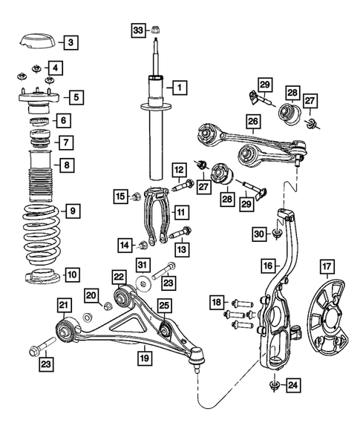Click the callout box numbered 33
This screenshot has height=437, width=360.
138,30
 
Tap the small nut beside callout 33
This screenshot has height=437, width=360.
156,30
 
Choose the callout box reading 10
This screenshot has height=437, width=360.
71,275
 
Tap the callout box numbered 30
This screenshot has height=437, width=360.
258,233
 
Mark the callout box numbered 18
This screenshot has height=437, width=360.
216,302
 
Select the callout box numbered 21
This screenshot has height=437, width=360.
64,304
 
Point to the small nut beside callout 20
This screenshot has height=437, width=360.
107,306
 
